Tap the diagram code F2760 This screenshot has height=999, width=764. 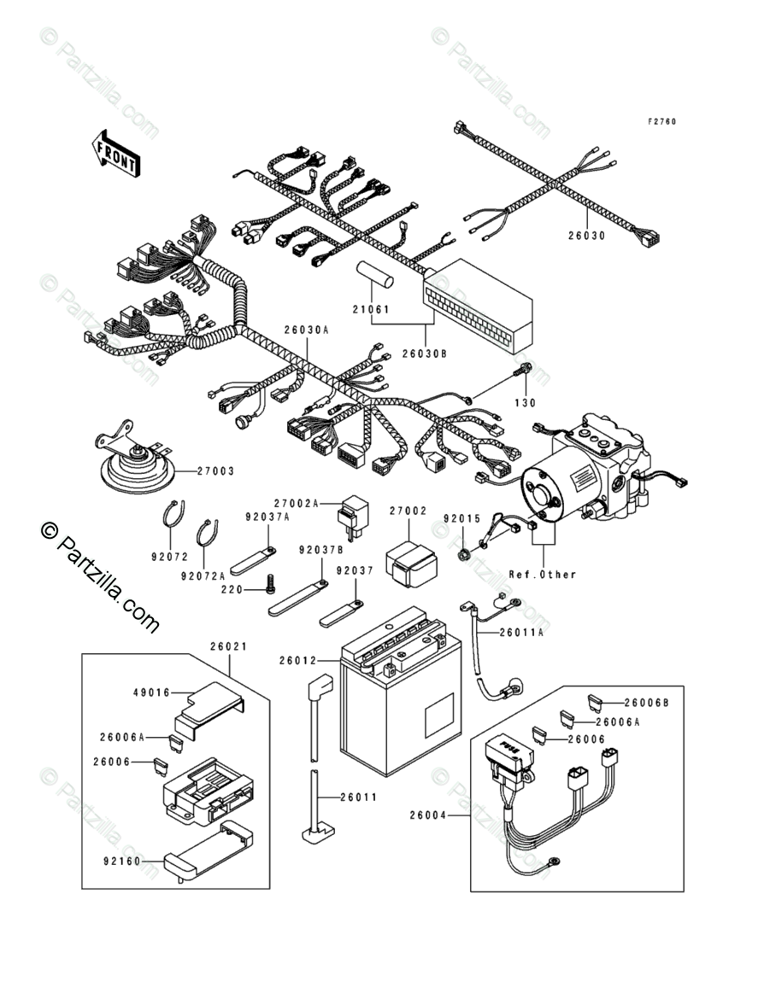[661, 122]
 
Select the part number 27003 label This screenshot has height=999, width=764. [215, 470]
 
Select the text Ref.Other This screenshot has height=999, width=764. [543, 574]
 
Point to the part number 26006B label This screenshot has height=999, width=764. [647, 703]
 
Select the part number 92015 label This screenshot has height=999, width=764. [461, 517]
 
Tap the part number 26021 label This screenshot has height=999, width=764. [228, 646]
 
